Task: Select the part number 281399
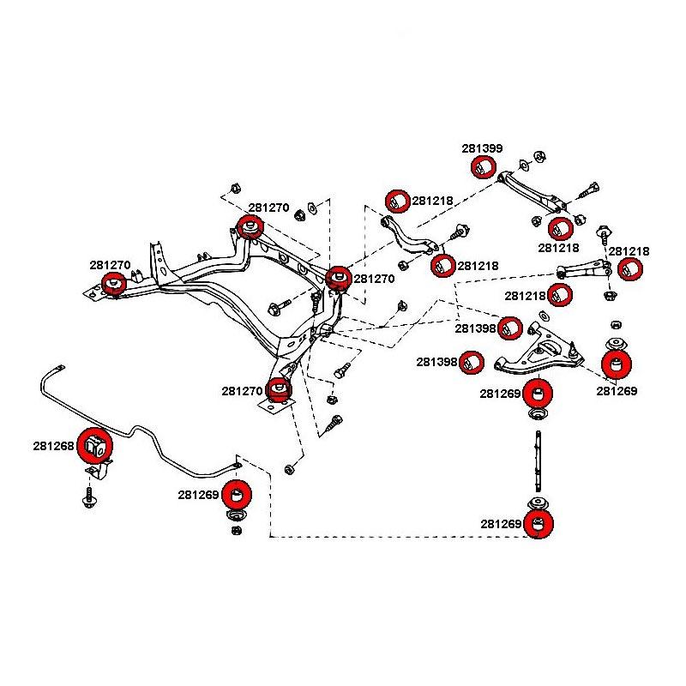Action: click(483, 148)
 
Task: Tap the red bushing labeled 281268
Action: click(93, 443)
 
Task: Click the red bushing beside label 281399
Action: click(484, 166)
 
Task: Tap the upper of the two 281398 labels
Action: click(476, 328)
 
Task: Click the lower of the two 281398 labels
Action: click(438, 363)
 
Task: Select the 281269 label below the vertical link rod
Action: click(502, 524)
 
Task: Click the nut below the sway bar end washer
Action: click(237, 530)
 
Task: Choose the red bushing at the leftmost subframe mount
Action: click(114, 283)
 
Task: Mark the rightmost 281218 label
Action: click(629, 252)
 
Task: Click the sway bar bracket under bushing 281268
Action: click(100, 471)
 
